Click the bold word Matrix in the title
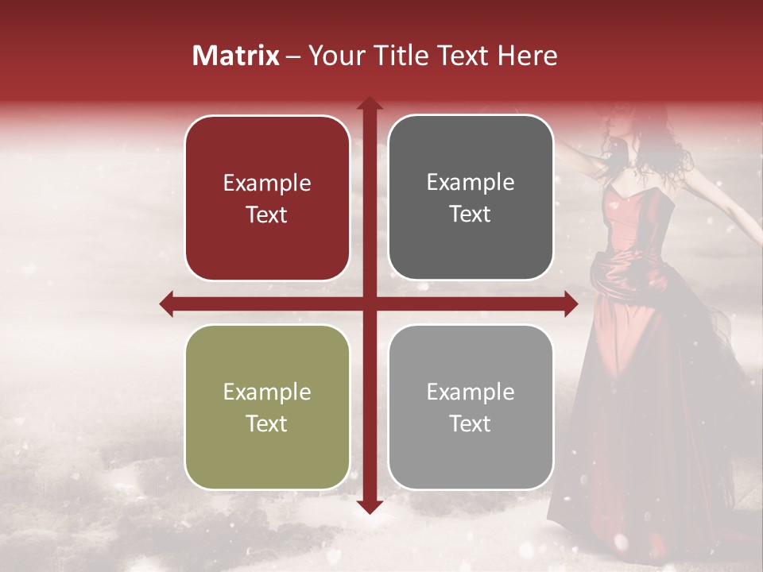tap(236, 56)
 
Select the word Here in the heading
tap(527, 56)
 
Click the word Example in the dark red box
tap(267, 184)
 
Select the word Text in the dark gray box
tap(471, 214)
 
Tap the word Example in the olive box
tap(267, 392)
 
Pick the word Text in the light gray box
tap(471, 424)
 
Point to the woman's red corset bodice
tap(636, 226)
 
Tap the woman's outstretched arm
tap(715, 191)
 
